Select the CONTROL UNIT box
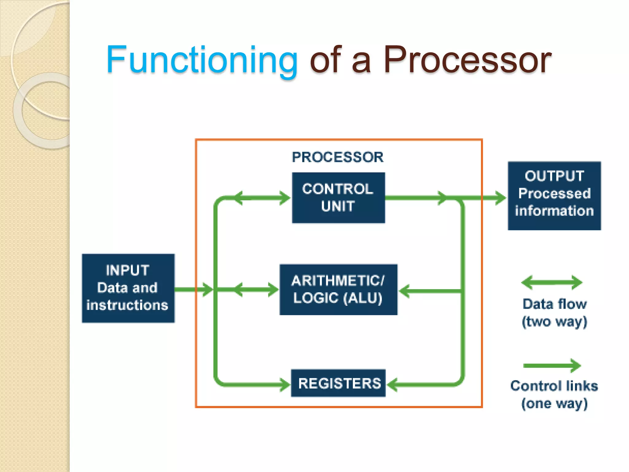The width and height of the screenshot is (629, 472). [338, 198]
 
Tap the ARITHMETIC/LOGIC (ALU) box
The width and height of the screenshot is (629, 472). [338, 289]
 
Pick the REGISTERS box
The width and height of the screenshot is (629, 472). [338, 383]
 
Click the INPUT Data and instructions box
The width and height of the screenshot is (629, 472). [128, 288]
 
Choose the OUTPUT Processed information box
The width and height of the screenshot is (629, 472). [554, 196]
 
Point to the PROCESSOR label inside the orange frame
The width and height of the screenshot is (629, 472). [338, 157]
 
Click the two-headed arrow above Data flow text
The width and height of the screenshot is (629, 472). [552, 282]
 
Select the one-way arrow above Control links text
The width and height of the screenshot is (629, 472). [552, 365]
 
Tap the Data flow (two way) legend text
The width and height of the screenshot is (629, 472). [554, 313]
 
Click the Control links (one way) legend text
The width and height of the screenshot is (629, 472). [554, 395]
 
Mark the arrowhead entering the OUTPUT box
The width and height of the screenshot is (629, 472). [500, 198]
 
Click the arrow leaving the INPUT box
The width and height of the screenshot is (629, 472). [193, 289]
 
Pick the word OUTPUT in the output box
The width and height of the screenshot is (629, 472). [554, 176]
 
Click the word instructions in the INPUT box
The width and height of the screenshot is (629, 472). [127, 305]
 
